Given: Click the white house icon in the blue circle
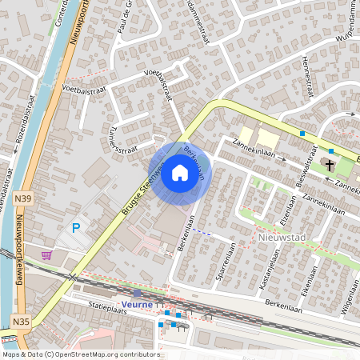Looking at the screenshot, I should pyautogui.click(x=180, y=173).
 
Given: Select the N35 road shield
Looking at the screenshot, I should pyautogui.click(x=22, y=322).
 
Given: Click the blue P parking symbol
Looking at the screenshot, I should pyautogui.click(x=76, y=228).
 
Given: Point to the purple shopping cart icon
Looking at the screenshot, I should pyautogui.click(x=47, y=255).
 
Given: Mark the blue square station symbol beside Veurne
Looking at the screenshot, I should pyautogui.click(x=137, y=294).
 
